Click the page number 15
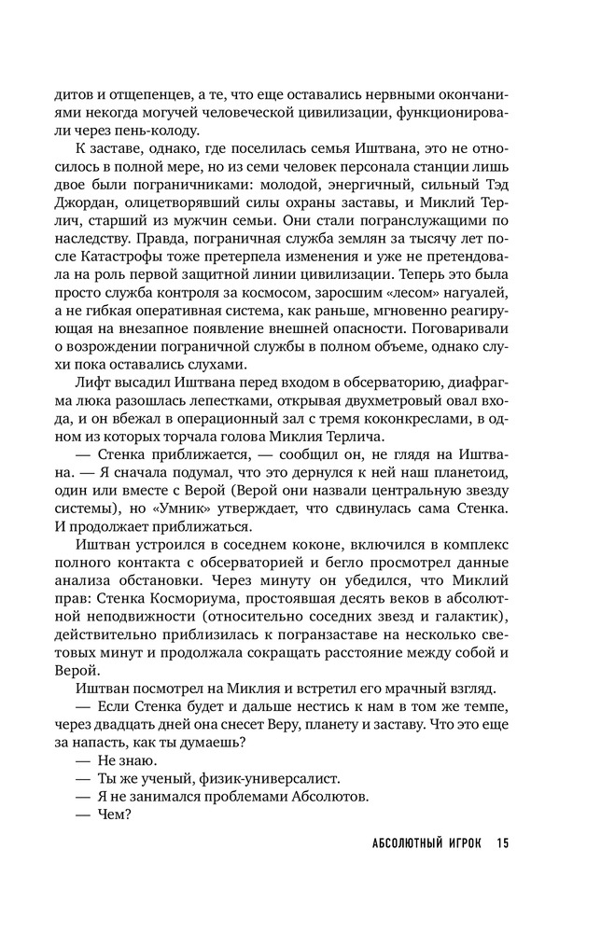[501, 844]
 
